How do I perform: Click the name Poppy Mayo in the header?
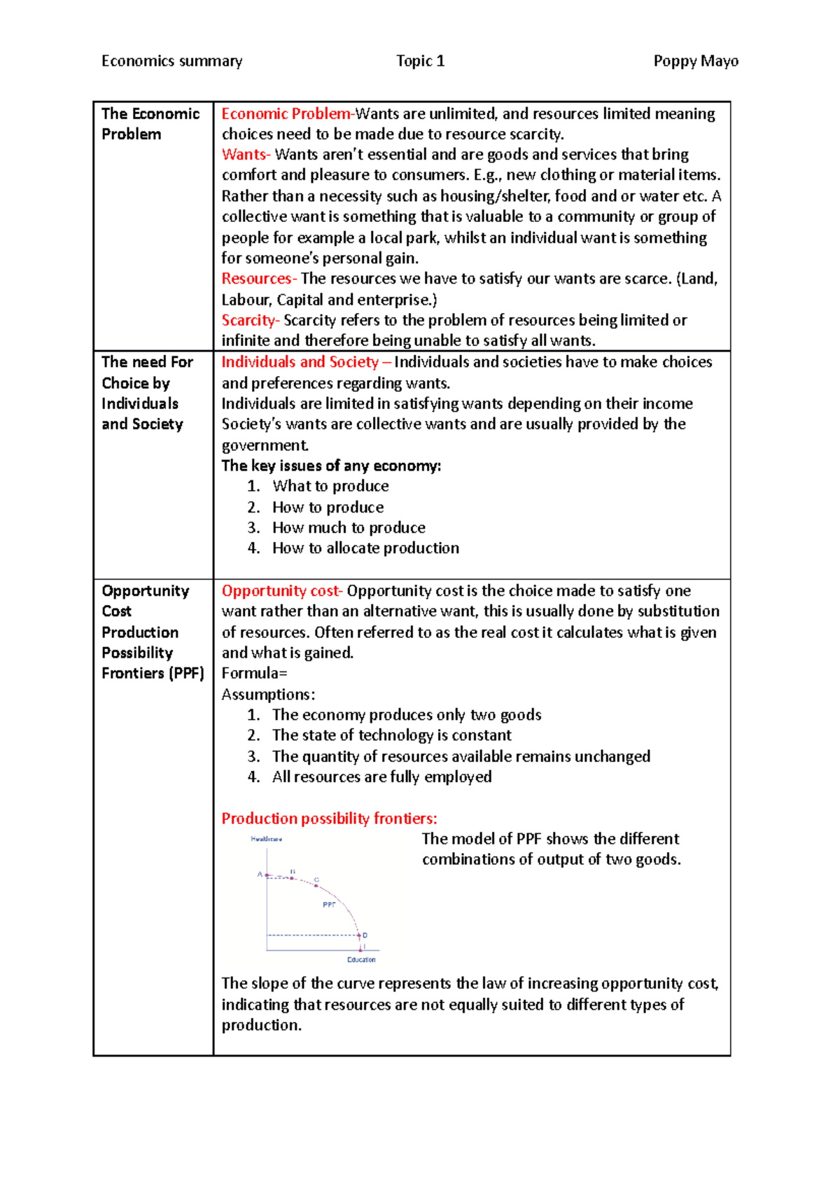(x=695, y=61)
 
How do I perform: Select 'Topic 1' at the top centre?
(x=420, y=61)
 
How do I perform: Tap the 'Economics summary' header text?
(x=171, y=61)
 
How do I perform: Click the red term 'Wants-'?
(x=246, y=154)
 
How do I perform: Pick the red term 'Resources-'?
(x=259, y=279)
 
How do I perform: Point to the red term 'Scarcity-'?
(x=251, y=320)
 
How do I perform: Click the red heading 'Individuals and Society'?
(x=300, y=362)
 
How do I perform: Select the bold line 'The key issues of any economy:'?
(x=331, y=466)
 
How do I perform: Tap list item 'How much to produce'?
(x=349, y=527)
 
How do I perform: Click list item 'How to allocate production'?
(x=365, y=548)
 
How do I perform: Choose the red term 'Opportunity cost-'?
(x=282, y=590)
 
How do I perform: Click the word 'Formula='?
(x=254, y=673)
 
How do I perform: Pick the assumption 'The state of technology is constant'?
(x=391, y=735)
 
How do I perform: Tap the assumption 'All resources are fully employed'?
(x=381, y=777)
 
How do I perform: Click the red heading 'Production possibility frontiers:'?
(x=329, y=818)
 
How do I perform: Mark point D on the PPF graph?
(x=360, y=936)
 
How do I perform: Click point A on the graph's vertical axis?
(x=267, y=875)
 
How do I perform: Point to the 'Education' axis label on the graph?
(x=361, y=959)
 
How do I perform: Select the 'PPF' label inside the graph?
(x=329, y=905)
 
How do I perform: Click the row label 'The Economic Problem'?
(x=150, y=123)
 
